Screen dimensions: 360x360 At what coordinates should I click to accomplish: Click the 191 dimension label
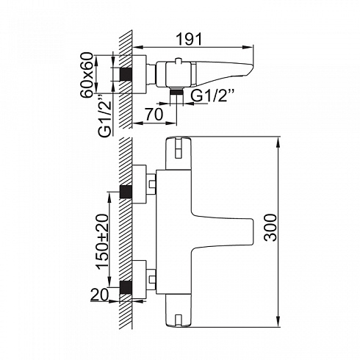coord(190,39)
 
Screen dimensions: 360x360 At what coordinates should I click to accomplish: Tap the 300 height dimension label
coord(271,228)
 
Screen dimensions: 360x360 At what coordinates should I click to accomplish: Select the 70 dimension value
coord(154,114)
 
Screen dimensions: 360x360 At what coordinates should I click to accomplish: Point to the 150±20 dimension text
coord(102,242)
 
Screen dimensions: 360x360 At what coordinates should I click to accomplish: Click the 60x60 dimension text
coord(87,75)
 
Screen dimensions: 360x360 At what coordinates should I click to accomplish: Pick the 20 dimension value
coord(99,295)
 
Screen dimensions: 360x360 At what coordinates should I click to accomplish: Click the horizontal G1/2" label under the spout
coord(212,96)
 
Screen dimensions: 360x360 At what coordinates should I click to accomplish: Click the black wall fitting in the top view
coord(126,74)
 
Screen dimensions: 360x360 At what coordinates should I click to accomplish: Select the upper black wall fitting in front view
coord(126,192)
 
